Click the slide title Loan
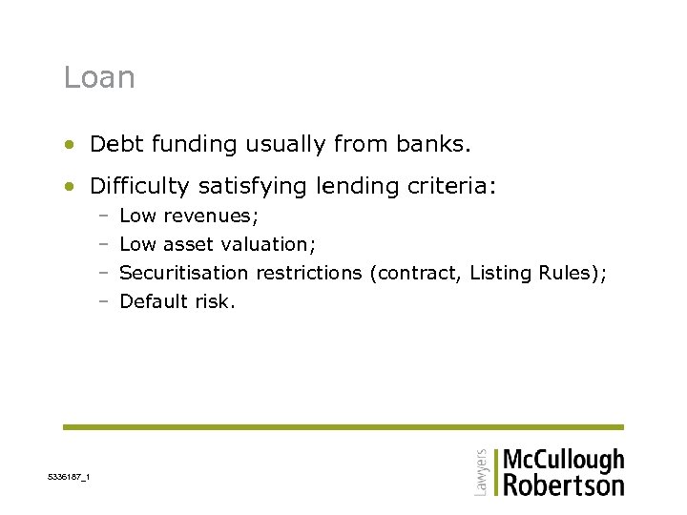(x=99, y=77)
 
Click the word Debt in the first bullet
(x=114, y=144)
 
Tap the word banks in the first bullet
(x=440, y=144)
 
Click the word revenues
(x=211, y=216)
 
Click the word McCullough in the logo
(x=563, y=461)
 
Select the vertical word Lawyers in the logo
(x=481, y=471)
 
